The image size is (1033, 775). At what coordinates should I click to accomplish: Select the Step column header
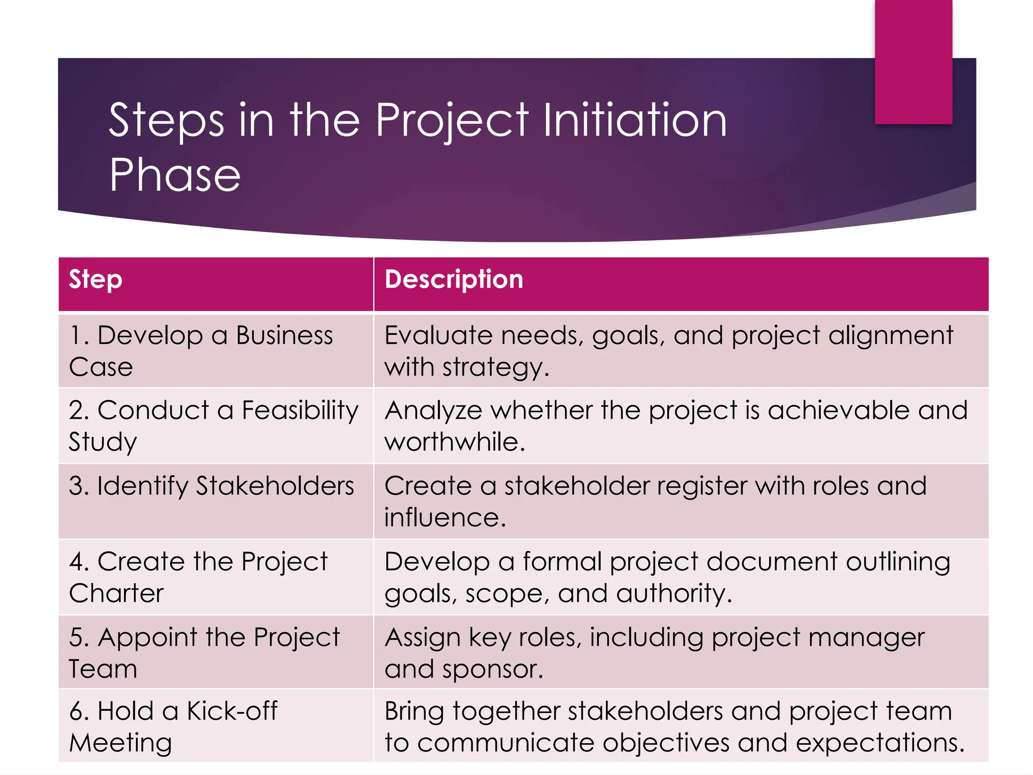click(x=96, y=280)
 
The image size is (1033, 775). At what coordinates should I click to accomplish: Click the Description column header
click(x=454, y=280)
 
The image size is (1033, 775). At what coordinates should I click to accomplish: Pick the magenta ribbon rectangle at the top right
click(x=913, y=62)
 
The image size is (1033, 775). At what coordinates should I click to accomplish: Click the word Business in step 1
click(x=284, y=336)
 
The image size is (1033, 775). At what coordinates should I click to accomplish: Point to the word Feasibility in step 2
click(x=300, y=410)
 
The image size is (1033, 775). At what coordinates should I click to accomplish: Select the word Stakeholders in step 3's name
click(x=275, y=486)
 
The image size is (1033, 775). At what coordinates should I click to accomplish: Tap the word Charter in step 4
click(x=117, y=593)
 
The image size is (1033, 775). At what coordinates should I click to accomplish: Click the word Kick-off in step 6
click(x=232, y=711)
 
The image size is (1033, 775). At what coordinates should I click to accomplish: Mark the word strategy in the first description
click(x=494, y=368)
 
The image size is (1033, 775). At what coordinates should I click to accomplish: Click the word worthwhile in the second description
click(x=454, y=442)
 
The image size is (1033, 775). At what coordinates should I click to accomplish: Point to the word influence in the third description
click(x=444, y=518)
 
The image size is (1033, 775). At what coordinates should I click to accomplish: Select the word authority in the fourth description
click(x=673, y=593)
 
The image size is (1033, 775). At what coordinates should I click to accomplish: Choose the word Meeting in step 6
click(x=121, y=743)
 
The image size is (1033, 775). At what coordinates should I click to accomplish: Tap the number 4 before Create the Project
click(x=77, y=562)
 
